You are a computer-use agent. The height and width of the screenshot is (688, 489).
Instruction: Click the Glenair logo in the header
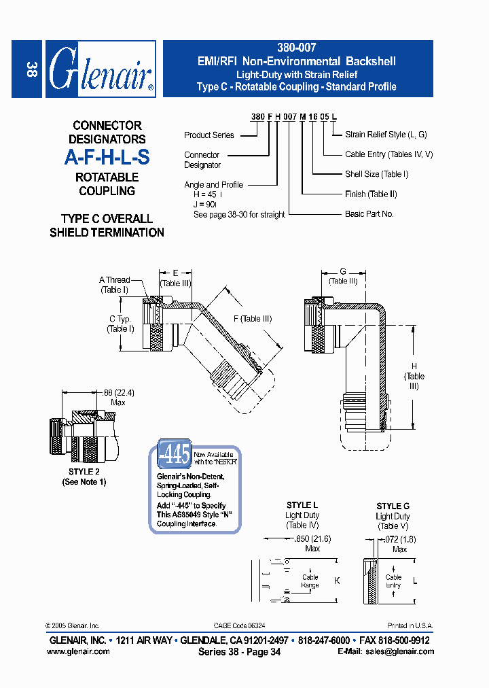(x=101, y=69)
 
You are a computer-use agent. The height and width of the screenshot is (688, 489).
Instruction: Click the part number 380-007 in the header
(x=296, y=48)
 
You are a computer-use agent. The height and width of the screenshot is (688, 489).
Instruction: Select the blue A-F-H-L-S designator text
(x=107, y=158)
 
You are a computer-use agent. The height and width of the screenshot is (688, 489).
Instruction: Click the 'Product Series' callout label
(x=209, y=135)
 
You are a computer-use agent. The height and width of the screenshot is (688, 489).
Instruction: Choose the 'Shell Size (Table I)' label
(x=376, y=174)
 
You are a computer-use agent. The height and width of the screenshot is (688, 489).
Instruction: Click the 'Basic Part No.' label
(x=369, y=213)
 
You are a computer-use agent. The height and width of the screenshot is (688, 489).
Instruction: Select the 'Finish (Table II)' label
(x=371, y=194)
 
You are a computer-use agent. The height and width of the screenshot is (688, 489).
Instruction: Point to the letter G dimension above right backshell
(x=343, y=271)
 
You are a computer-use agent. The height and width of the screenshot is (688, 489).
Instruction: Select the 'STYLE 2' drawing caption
(x=84, y=471)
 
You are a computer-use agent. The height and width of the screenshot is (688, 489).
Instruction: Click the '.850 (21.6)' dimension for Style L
(x=312, y=538)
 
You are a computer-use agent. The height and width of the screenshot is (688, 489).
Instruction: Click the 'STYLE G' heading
(x=393, y=506)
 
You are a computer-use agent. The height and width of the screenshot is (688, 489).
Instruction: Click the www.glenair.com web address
(x=78, y=651)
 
